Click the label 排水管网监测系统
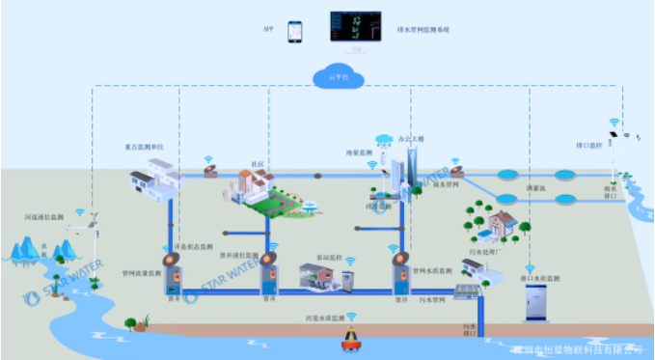pos(423,30)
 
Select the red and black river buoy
pos(351,338)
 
